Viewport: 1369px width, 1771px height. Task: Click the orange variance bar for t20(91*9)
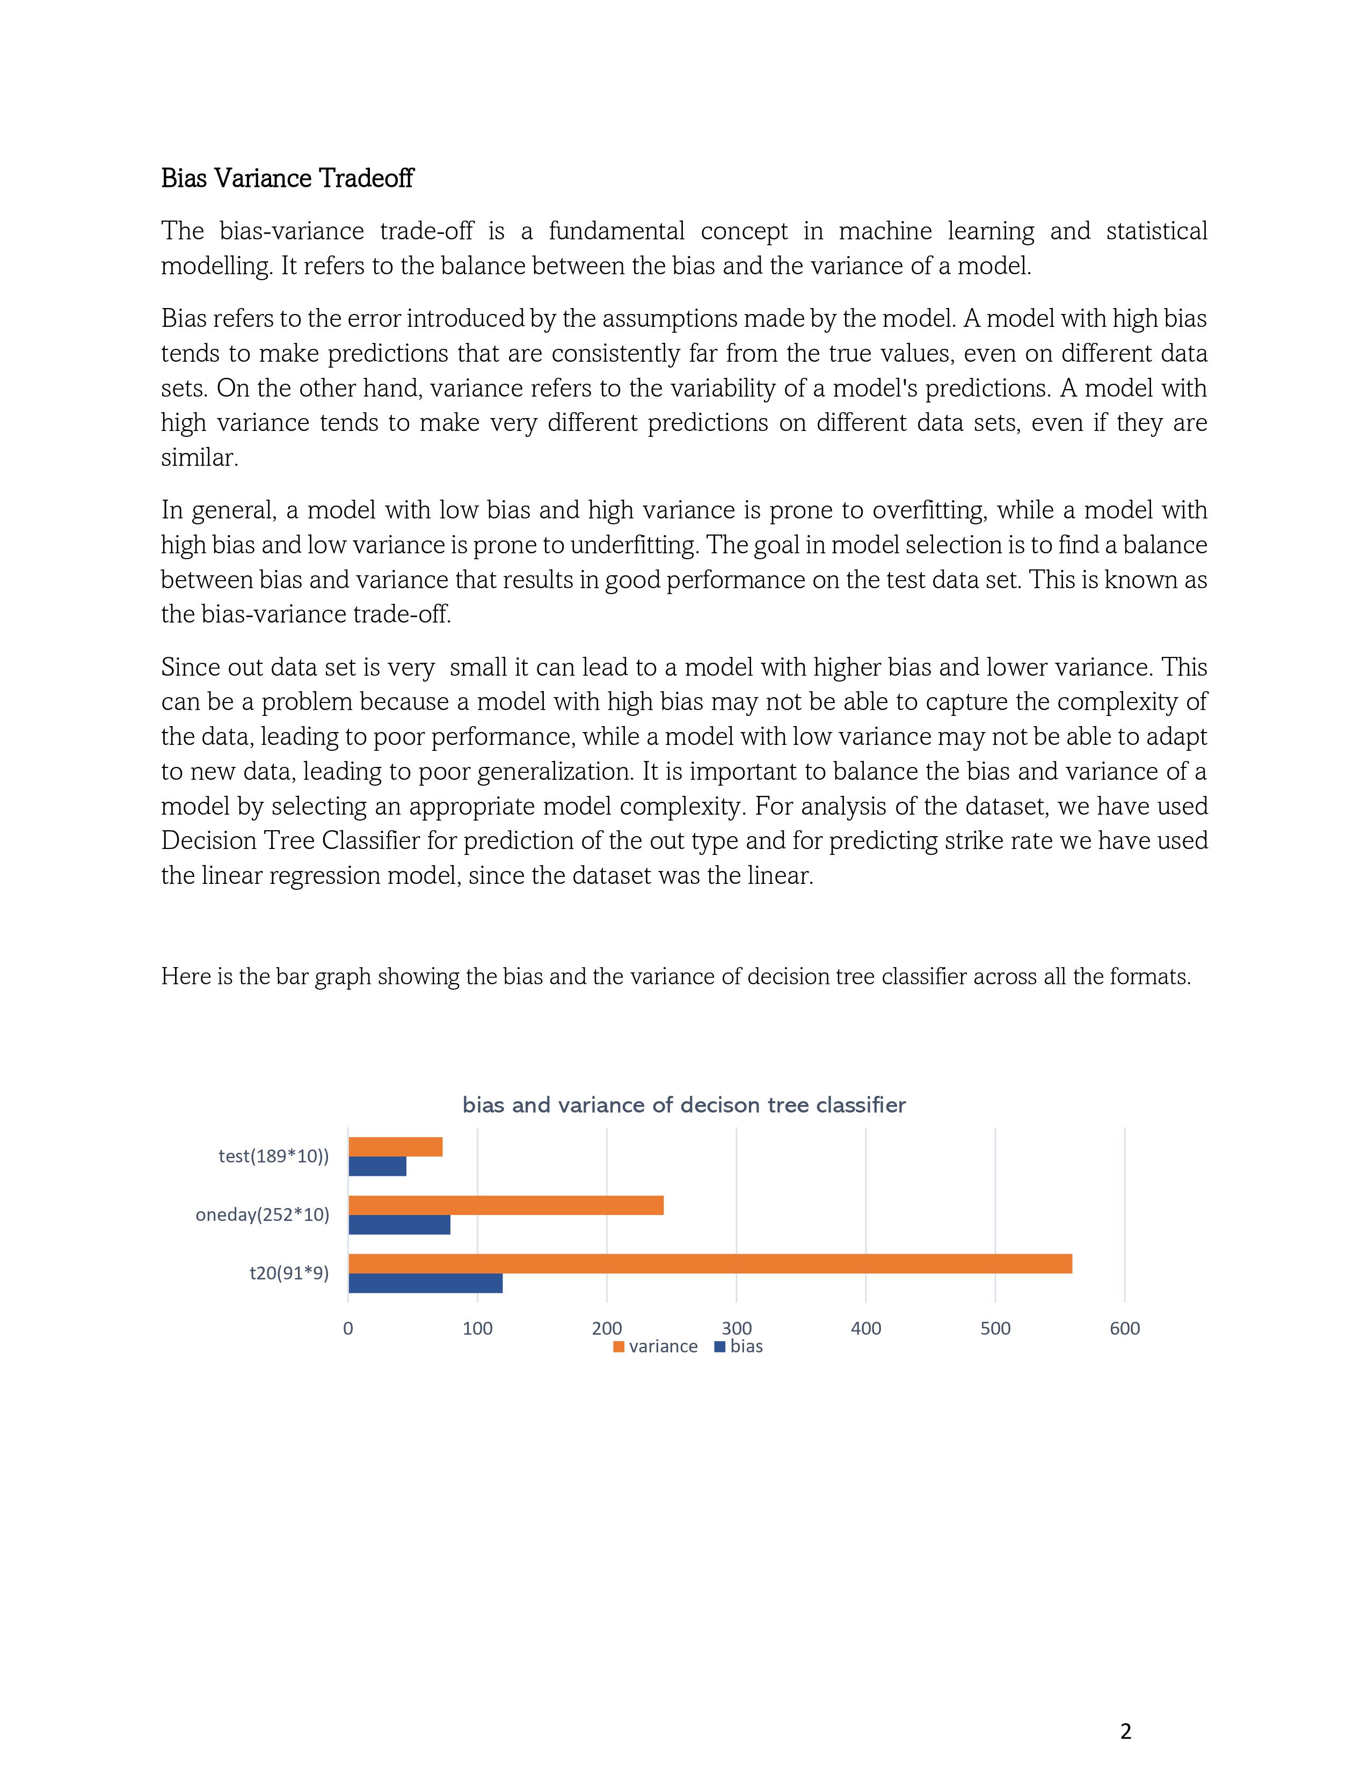tap(710, 1263)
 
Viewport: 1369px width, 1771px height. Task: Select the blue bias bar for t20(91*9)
tap(425, 1283)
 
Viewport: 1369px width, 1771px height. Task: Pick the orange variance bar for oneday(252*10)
tap(505, 1205)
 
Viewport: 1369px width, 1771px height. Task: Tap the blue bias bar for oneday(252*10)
tap(399, 1225)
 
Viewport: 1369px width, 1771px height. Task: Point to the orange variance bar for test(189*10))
tap(395, 1147)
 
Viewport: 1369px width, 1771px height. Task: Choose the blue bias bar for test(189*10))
tap(377, 1166)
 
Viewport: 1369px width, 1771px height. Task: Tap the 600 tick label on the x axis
tap(1124, 1328)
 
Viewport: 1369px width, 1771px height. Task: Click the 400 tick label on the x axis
tap(865, 1328)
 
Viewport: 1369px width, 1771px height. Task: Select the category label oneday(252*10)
tap(262, 1214)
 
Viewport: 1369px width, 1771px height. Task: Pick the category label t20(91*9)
tap(289, 1273)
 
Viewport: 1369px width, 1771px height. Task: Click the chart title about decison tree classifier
tap(683, 1105)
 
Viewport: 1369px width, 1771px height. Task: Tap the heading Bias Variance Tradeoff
tap(287, 178)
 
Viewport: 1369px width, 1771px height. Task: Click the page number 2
tap(1125, 1731)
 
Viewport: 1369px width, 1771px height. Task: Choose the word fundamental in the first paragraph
tap(616, 231)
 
